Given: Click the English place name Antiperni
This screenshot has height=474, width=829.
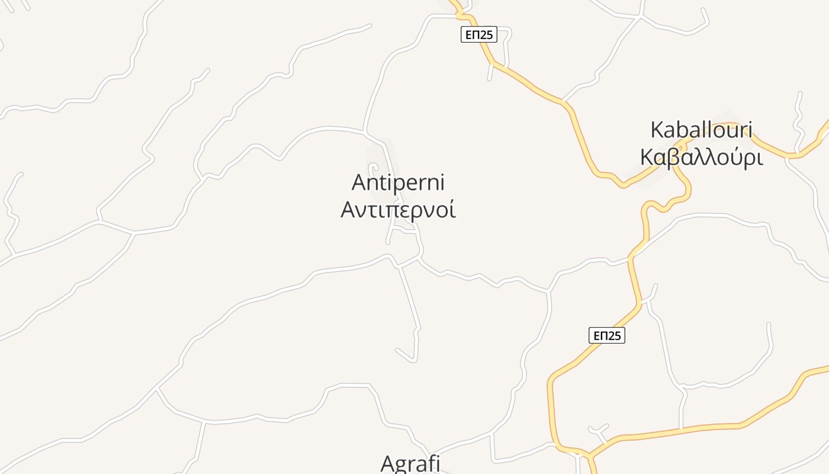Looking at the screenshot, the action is point(398,182).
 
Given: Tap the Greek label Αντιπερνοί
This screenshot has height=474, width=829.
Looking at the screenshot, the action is point(398,210).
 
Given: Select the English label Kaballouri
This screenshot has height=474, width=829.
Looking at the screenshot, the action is point(701,130).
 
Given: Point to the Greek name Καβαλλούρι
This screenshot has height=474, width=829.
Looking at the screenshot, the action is point(701,158).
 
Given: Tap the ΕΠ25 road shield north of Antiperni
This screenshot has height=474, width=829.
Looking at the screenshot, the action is point(478,34).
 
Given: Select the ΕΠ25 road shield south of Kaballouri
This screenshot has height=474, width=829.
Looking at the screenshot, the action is point(607,335).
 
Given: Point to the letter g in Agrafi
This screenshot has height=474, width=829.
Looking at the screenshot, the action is point(403,466).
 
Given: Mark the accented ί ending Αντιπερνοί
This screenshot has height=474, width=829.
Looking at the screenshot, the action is point(452,210).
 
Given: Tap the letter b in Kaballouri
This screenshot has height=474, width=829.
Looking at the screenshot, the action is point(682,130).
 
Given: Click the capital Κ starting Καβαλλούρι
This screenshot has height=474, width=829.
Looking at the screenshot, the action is point(648,158).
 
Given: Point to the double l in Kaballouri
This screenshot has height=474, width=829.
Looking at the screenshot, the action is point(701,130).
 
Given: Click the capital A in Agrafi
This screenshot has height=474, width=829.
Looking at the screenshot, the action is point(387,464).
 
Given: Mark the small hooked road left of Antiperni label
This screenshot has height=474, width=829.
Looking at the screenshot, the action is point(373,168).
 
